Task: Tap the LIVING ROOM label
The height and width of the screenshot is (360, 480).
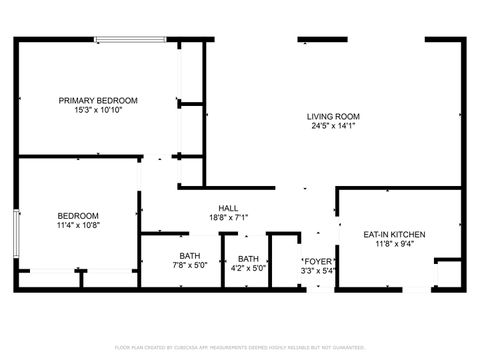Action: coord(331,116)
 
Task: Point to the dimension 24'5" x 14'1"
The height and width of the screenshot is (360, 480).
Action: coord(331,126)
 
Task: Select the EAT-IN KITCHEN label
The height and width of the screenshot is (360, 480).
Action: coord(393,234)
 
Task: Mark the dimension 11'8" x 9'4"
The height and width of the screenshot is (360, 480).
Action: coord(393,243)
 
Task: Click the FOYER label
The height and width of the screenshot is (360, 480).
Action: coord(318,259)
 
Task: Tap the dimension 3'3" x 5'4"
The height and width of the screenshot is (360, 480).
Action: coord(318,268)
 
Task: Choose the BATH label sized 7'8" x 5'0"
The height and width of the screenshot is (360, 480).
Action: coord(190,257)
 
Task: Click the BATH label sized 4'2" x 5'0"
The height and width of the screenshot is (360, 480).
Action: coord(247,257)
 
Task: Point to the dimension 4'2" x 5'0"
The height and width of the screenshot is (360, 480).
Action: coord(247,267)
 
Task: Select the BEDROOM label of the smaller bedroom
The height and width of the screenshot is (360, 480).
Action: coord(77,216)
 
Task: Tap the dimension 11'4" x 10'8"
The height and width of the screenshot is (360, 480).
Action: coord(77,226)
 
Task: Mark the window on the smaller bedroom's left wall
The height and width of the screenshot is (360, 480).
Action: coord(15,238)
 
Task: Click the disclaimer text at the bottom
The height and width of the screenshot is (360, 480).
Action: coord(240,347)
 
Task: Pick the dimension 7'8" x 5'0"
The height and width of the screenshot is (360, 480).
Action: coord(190,267)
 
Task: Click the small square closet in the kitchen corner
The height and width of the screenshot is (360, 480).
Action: coord(448,274)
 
